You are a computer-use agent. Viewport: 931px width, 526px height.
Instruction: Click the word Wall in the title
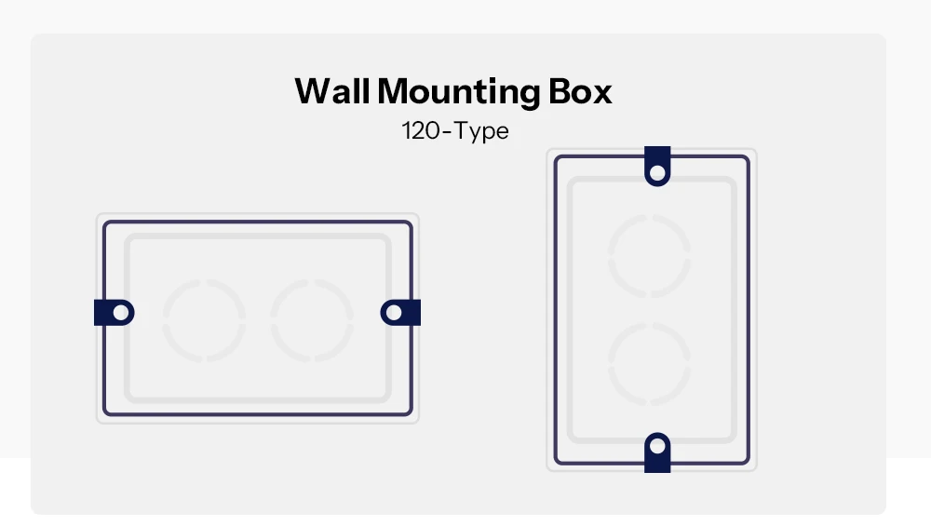point(332,91)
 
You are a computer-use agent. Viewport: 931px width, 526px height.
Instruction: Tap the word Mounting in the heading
point(459,93)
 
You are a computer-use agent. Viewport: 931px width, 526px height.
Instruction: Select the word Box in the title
point(579,91)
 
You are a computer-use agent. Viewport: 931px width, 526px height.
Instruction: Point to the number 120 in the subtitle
point(421,130)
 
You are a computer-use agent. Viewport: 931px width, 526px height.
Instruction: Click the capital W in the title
point(317,91)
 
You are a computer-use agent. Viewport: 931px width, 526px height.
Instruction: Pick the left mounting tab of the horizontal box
point(114,312)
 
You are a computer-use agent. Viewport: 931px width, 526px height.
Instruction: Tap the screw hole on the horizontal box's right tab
point(394,312)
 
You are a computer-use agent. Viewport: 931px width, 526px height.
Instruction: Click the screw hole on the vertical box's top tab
point(657,173)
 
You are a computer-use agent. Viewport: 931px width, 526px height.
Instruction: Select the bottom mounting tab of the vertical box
point(657,452)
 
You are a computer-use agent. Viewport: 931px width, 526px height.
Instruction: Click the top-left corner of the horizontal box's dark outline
point(105,223)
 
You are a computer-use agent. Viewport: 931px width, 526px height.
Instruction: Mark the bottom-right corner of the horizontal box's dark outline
point(411,413)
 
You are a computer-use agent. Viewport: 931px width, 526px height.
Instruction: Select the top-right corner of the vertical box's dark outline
point(749,157)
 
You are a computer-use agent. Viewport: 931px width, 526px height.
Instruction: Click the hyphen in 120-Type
point(447,132)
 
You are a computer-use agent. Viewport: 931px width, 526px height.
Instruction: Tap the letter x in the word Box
point(601,95)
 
